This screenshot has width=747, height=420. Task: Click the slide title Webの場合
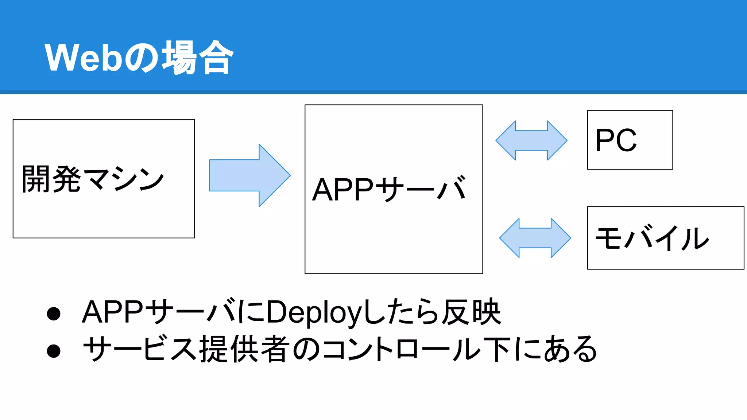tap(139, 58)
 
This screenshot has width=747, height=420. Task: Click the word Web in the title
tap(83, 58)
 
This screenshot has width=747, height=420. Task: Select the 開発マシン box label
tap(93, 179)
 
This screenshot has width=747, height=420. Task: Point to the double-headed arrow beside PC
tap(531, 140)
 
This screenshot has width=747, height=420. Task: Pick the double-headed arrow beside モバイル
tap(535, 238)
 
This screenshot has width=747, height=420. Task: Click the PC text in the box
tap(616, 140)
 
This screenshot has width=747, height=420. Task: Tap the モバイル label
tap(652, 238)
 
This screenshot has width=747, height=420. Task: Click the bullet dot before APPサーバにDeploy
tap(54, 314)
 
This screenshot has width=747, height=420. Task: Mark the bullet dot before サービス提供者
tap(54, 351)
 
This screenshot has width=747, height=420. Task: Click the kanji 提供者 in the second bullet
tap(245, 349)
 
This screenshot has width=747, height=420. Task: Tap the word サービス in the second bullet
tap(140, 349)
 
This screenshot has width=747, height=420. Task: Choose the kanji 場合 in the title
tap(197, 58)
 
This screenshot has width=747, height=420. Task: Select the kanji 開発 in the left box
tap(51, 179)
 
